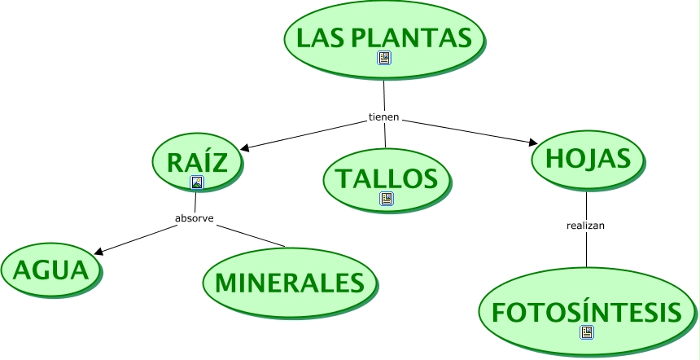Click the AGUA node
point(50,269)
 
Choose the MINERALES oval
point(289,283)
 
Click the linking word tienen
point(384,116)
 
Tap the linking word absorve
point(195,218)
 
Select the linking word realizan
point(586,225)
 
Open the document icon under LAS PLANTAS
point(384,58)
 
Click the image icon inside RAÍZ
point(196,182)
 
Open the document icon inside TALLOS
point(386,198)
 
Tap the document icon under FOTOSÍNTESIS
point(587,332)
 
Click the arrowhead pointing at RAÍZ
point(246,148)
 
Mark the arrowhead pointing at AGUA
point(98,252)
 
